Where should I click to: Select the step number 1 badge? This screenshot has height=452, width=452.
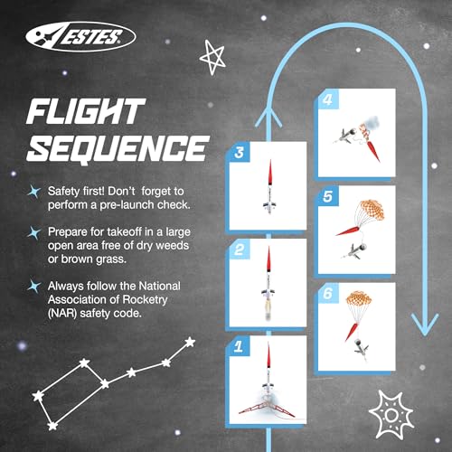tap(238, 344)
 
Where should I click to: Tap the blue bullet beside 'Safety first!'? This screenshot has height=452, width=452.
tap(33, 191)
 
